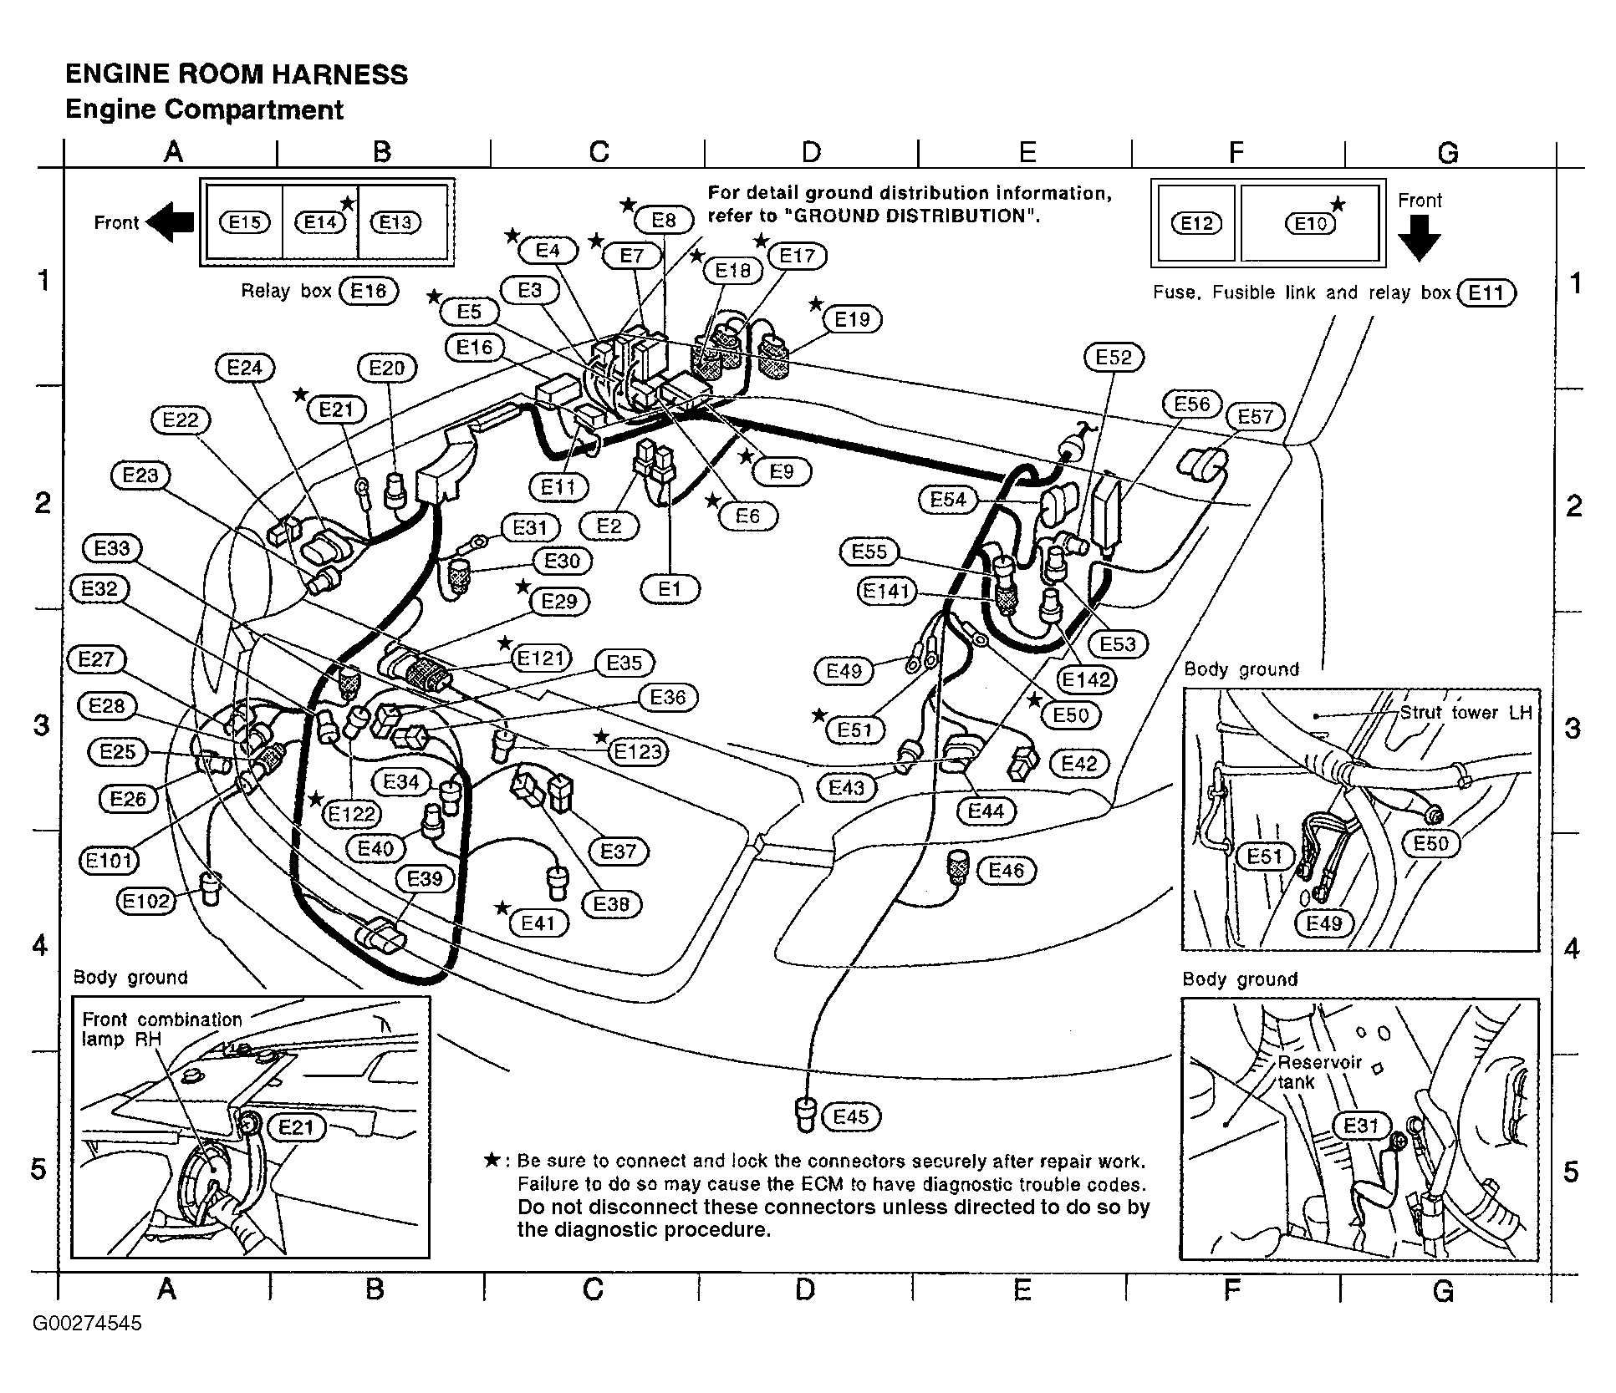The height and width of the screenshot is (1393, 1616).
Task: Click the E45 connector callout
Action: (851, 1116)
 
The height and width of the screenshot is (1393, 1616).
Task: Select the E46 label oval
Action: (1006, 871)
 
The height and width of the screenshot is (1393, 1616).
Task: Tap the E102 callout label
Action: (146, 901)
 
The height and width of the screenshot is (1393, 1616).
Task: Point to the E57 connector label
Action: (1255, 416)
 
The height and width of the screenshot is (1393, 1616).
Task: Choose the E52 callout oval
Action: (1114, 358)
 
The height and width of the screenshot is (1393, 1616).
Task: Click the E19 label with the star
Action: (852, 319)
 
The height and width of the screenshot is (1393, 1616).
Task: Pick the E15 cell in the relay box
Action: (245, 222)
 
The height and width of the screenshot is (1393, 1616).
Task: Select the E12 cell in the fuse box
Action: (1196, 224)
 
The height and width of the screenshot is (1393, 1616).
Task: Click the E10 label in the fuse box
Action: (1310, 224)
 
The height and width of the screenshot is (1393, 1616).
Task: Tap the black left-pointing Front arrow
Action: (171, 222)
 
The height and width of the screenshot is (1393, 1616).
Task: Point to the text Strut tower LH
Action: (1466, 713)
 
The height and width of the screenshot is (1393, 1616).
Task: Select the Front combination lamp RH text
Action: (161, 1029)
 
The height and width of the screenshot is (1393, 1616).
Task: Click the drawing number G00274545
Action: (87, 1324)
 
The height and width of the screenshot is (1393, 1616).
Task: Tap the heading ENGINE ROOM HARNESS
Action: (237, 74)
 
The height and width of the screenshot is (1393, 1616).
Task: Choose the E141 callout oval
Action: (886, 592)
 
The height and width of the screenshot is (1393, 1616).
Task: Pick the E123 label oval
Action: (638, 751)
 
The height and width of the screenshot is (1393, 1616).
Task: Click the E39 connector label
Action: (425, 878)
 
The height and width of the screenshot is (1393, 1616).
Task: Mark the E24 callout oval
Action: (245, 368)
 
